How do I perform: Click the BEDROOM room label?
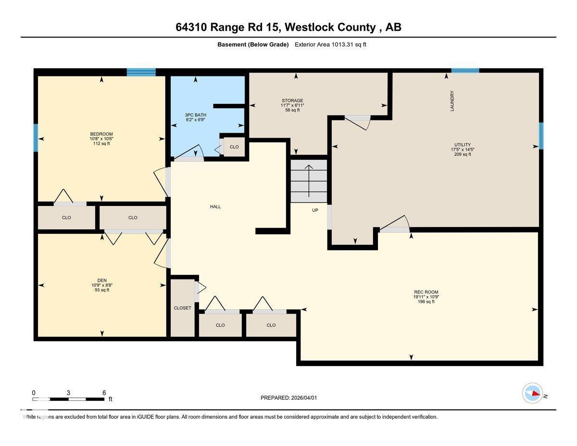(x=101, y=134)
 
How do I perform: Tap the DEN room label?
(x=101, y=280)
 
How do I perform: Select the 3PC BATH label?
(x=196, y=115)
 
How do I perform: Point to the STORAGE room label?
(x=292, y=101)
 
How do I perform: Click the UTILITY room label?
(x=463, y=145)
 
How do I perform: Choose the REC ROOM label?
(x=426, y=292)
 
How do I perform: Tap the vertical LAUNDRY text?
(x=452, y=101)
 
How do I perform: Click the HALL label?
(x=215, y=206)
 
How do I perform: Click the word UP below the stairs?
(x=315, y=210)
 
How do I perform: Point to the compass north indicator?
(x=533, y=393)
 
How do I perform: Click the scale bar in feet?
(x=69, y=399)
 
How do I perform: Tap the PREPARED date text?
(x=289, y=398)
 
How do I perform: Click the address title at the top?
(x=288, y=27)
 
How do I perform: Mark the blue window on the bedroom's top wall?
(x=141, y=72)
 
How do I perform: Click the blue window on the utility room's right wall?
(x=541, y=136)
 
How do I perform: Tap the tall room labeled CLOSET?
(x=183, y=308)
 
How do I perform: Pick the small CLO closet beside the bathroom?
(x=234, y=147)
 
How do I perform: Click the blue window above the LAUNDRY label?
(x=465, y=71)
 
